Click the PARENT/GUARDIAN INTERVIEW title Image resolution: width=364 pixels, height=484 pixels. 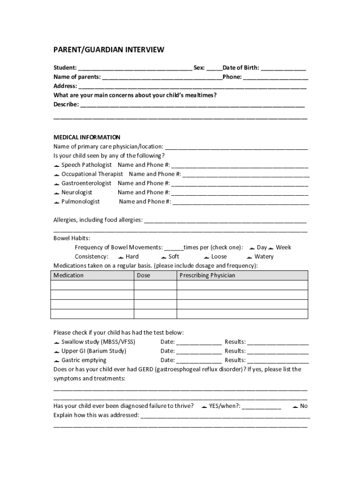tap(108, 50)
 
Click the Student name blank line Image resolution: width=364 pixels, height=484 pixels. tap(135, 69)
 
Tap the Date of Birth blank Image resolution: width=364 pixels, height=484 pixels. tap(283, 69)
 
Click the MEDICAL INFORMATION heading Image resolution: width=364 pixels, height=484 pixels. tap(87, 138)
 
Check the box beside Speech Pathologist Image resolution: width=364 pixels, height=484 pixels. tap(56, 165)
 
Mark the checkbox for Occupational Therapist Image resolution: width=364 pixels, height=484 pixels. tap(56, 174)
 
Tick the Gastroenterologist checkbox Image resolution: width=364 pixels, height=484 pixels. tap(56, 183)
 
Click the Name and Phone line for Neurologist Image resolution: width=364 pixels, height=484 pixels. tap(240, 193)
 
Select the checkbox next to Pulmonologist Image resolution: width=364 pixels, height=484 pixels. tap(56, 202)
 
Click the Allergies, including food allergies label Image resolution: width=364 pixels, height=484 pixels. tap(98, 220)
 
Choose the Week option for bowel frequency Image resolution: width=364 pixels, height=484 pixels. tap(271, 248)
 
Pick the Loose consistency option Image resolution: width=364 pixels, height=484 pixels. tap(207, 257)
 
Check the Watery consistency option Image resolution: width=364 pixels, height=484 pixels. tap(250, 257)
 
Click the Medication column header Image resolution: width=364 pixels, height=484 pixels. tap(69, 276)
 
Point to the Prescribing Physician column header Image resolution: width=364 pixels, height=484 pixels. tap(207, 276)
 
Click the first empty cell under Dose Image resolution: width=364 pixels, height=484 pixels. tap(155, 285)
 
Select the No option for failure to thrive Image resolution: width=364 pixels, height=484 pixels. tap(295, 406)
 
